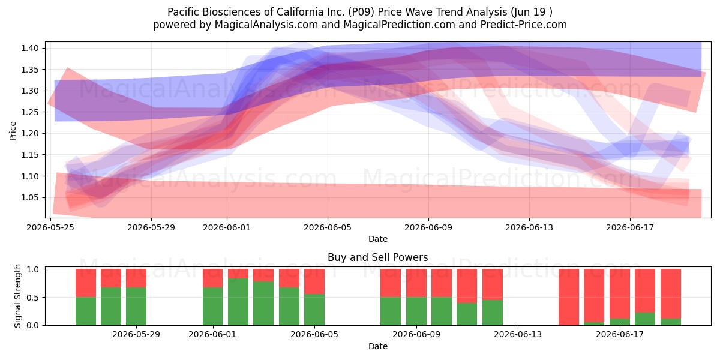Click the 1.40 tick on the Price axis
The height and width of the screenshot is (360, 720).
click(30, 48)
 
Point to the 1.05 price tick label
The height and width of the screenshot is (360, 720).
click(30, 197)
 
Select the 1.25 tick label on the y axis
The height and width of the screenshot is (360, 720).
click(30, 112)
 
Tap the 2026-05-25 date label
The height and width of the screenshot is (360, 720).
click(50, 227)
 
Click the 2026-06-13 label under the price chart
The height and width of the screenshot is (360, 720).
click(529, 227)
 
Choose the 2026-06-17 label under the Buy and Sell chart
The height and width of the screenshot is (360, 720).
click(620, 334)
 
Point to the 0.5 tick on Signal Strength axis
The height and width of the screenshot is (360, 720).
click(32, 298)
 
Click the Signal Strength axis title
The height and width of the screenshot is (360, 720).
click(17, 296)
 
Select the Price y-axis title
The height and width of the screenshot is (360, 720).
click(13, 131)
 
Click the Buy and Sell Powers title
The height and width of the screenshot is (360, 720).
click(377, 257)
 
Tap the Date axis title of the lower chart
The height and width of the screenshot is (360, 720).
click(377, 346)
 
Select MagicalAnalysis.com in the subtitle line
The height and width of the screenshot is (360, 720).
click(266, 25)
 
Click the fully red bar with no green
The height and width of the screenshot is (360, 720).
click(569, 297)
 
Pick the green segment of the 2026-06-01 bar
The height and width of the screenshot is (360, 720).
click(212, 307)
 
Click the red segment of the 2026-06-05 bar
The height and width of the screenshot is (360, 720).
click(314, 281)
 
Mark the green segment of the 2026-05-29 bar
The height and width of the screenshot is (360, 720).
click(136, 307)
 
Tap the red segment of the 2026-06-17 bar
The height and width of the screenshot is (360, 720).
click(620, 294)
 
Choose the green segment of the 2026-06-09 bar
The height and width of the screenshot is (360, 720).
click(416, 311)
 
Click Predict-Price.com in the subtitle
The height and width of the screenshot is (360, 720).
click(524, 25)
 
